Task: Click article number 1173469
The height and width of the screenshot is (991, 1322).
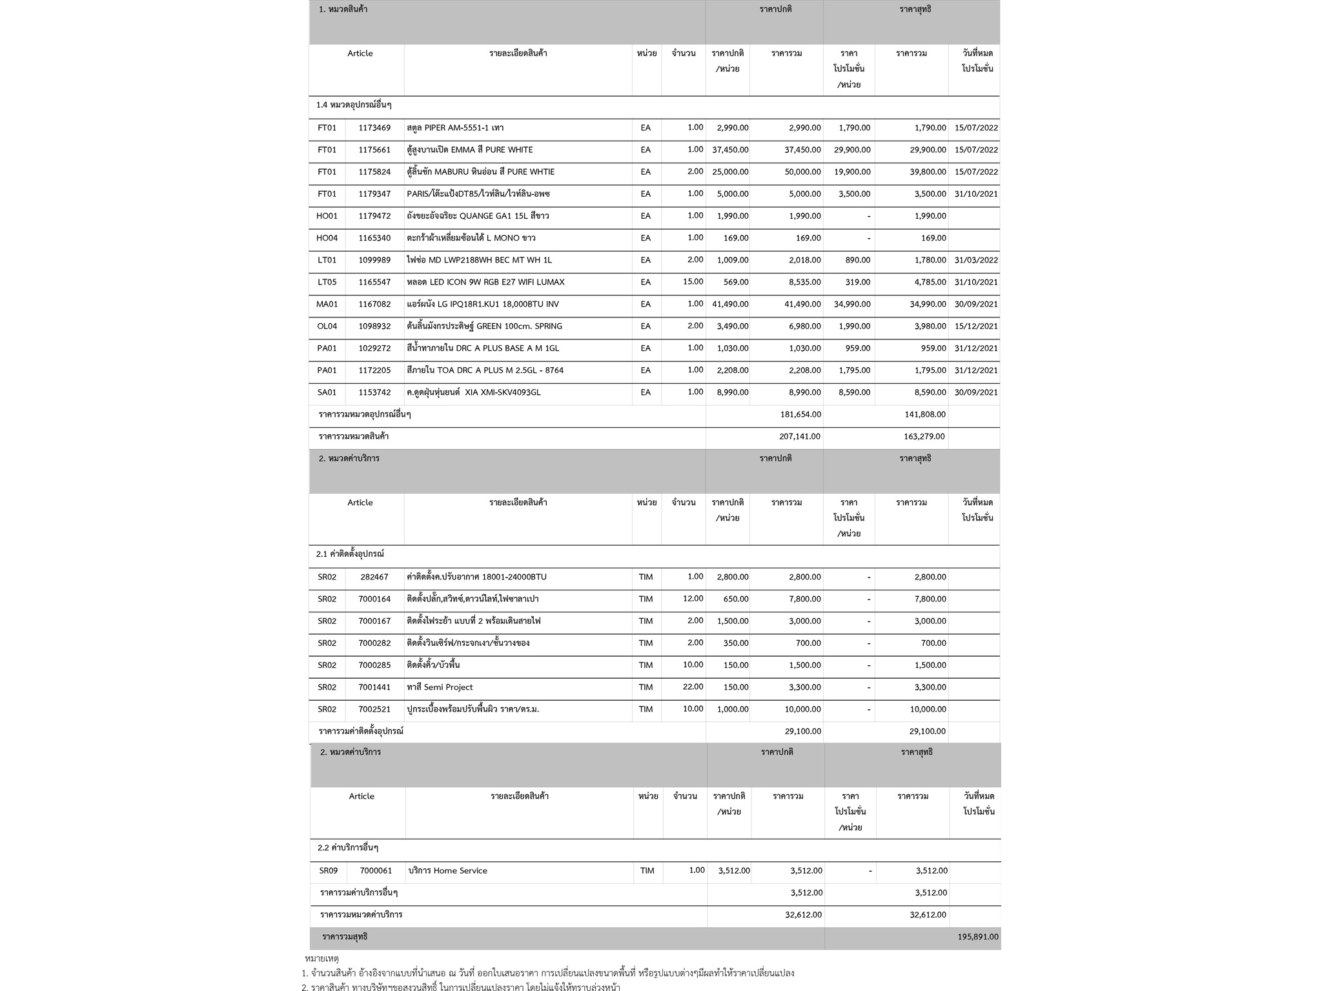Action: click(374, 128)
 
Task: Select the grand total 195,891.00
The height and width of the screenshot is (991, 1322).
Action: click(977, 937)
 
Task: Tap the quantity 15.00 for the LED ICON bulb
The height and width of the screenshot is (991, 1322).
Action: click(693, 282)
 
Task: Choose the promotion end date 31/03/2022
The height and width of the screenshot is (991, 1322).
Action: click(976, 260)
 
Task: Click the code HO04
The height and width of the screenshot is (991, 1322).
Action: click(327, 238)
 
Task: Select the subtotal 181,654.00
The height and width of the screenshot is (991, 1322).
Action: click(800, 414)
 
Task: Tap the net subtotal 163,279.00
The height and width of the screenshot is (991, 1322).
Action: click(924, 437)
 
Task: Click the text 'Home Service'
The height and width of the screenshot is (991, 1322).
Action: click(460, 871)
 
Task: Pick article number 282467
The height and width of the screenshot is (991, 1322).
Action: click(374, 577)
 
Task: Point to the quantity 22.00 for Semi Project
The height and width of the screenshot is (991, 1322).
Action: click(693, 687)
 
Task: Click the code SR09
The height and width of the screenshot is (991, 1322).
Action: click(328, 871)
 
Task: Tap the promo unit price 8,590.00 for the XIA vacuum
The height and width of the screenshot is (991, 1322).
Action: click(854, 392)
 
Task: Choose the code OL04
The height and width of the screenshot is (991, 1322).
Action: click(327, 326)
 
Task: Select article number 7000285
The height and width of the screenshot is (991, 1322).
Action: click(374, 665)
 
